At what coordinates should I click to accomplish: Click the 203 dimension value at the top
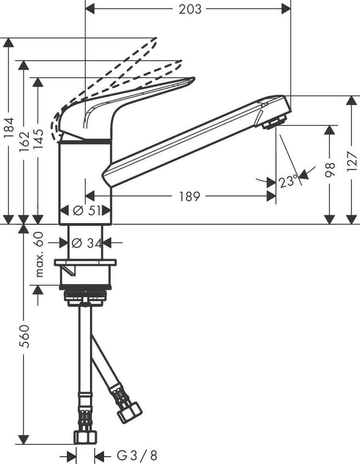(x=190, y=9)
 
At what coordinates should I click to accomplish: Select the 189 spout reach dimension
(x=190, y=197)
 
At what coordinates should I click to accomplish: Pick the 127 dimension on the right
(x=351, y=160)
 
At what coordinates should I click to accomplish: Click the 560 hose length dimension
(x=24, y=336)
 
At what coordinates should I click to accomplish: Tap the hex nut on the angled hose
(x=130, y=413)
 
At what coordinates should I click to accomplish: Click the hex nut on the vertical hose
(x=85, y=437)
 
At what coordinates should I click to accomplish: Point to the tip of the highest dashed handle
(x=156, y=39)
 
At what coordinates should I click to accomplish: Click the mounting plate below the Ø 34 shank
(x=85, y=263)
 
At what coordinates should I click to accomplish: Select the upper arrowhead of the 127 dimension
(x=351, y=101)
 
